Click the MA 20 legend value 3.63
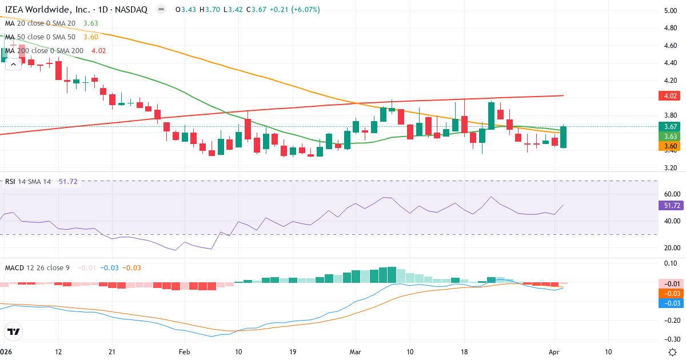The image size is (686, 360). tap(91, 23)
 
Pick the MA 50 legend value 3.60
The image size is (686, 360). tap(91, 37)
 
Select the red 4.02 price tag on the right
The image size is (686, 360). tap(670, 95)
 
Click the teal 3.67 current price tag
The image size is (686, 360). tap(670, 126)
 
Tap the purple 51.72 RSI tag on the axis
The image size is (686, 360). tap(670, 205)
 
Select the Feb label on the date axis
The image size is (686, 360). tap(184, 351)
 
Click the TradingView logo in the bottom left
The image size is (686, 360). tap(14, 331)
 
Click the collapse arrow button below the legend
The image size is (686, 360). tap(14, 65)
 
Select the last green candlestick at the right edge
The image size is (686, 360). tap(564, 137)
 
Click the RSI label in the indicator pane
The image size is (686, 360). tap(10, 181)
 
